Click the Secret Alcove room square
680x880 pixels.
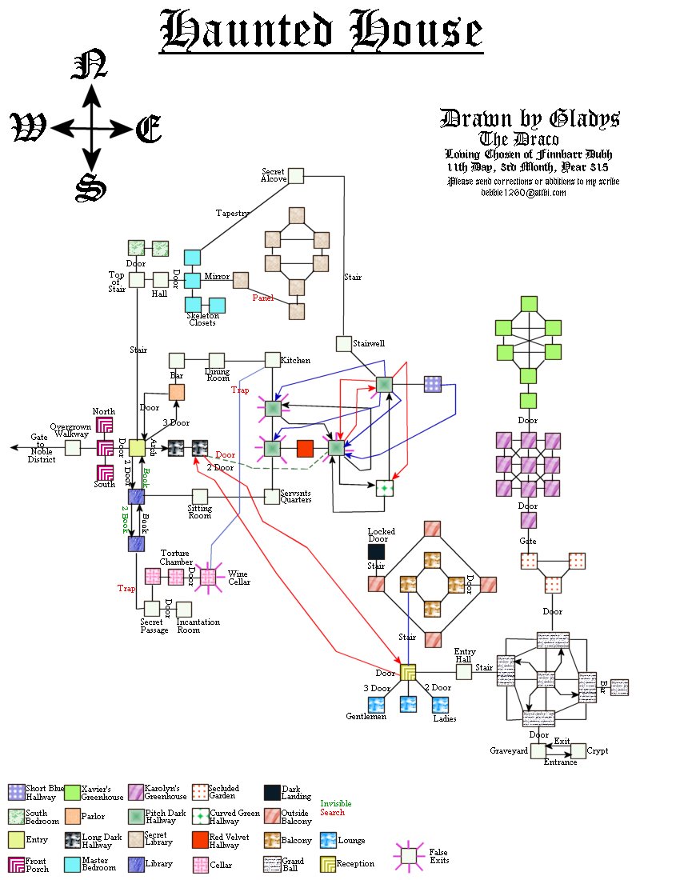pos(297,177)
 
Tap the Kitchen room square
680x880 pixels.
pos(272,360)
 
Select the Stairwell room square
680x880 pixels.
pos(343,344)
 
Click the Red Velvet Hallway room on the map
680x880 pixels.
pos(305,449)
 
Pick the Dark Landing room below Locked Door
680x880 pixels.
pos(376,551)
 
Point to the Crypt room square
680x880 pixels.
pos(578,751)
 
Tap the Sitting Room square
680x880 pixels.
pos(200,497)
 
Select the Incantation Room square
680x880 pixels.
pos(184,609)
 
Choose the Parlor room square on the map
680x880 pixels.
pos(177,392)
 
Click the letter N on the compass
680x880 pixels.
pos(90,66)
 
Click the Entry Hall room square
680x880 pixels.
pos(464,672)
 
